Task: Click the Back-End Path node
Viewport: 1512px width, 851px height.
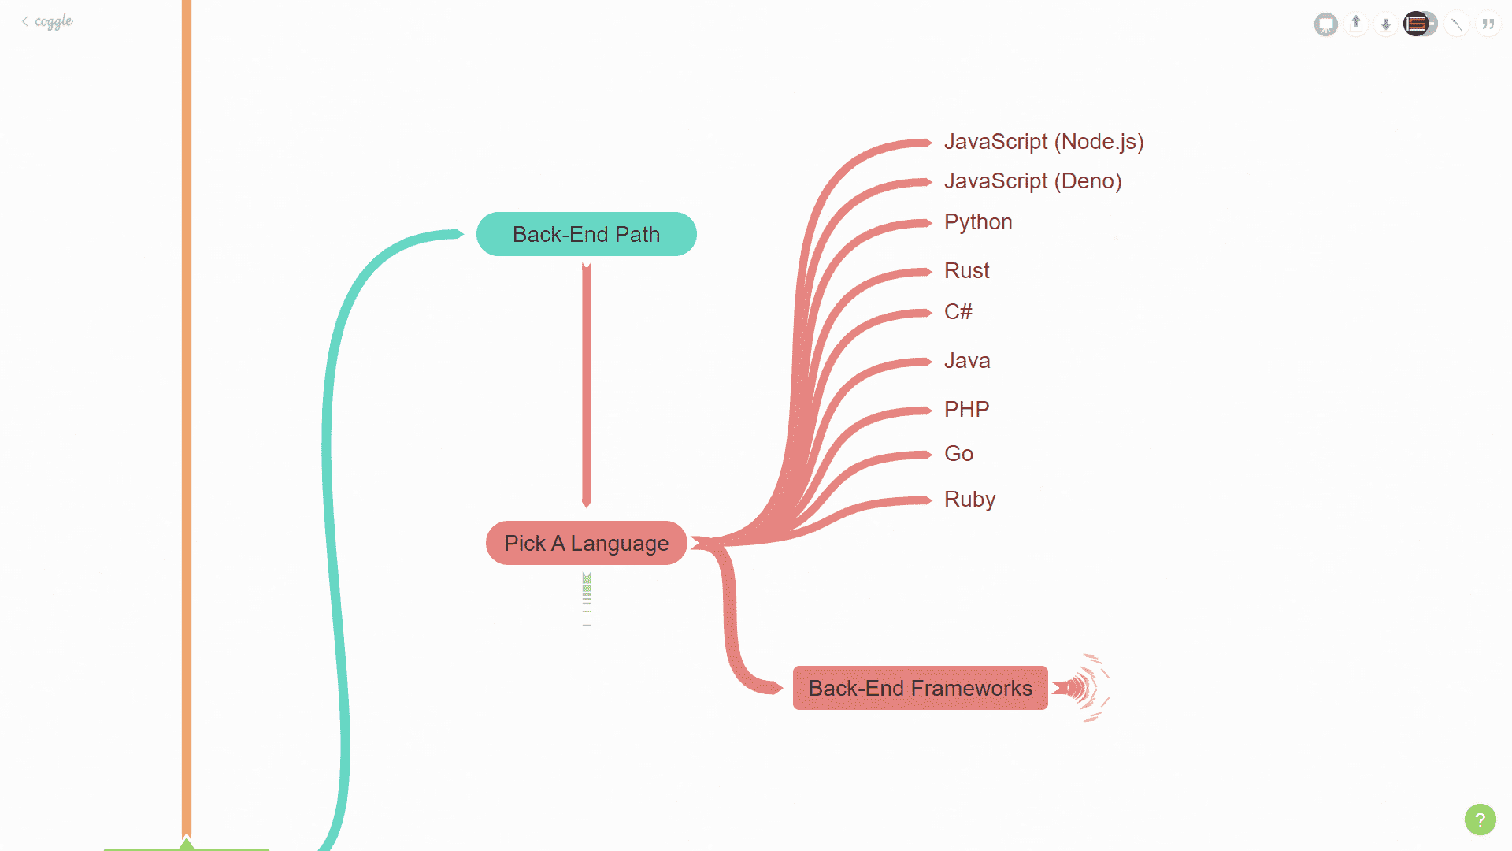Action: (586, 234)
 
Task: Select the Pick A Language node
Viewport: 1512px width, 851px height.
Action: (586, 543)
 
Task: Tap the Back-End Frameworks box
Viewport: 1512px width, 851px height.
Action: (920, 688)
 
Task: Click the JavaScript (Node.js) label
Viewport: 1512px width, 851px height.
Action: (1043, 142)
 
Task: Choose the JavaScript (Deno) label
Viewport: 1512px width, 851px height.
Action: (1032, 181)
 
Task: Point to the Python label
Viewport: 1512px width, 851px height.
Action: (978, 222)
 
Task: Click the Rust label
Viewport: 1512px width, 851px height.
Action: (966, 271)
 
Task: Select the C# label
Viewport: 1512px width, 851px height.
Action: (958, 312)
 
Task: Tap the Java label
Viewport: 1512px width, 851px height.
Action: (967, 361)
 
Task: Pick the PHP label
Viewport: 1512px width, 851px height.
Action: (966, 410)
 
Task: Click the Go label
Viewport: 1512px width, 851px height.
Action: (958, 454)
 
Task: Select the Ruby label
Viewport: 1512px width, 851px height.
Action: (969, 500)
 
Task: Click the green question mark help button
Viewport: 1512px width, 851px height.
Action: (1480, 819)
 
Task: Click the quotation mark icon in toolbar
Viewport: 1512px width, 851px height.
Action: (1488, 24)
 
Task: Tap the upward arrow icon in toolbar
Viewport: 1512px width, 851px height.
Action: (1356, 24)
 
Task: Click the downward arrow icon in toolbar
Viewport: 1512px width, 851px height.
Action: (1386, 24)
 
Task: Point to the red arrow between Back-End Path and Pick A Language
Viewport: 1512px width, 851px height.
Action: (586, 386)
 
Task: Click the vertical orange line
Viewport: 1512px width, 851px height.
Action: (187, 394)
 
